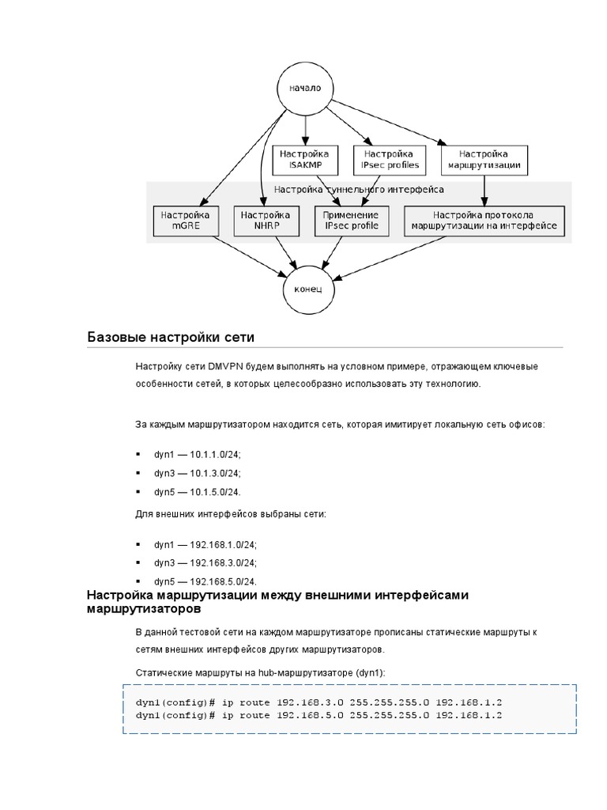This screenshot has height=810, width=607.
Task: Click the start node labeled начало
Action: pyautogui.click(x=304, y=89)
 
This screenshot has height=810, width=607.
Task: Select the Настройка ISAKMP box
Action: pyautogui.click(x=304, y=160)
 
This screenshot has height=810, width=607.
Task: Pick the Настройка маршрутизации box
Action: pyautogui.click(x=484, y=160)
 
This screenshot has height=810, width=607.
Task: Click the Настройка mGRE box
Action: pyautogui.click(x=185, y=221)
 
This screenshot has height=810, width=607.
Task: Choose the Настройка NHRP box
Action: pyautogui.click(x=265, y=221)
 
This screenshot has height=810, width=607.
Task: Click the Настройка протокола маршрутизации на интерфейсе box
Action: pyautogui.click(x=484, y=221)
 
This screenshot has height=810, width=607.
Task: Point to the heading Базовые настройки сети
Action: pyautogui.click(x=171, y=338)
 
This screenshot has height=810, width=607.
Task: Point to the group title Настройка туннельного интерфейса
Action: pyautogui.click(x=359, y=190)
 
